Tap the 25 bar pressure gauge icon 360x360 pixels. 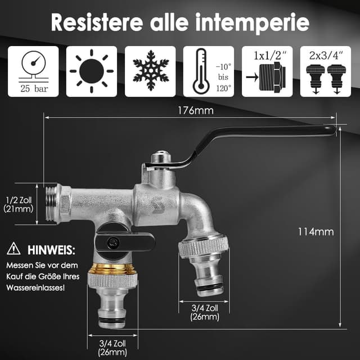tap(33, 71)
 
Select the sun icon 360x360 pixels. tap(92, 71)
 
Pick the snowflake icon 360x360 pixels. tap(150, 71)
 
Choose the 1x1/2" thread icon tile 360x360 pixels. tap(267, 71)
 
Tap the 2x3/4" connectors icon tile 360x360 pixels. tap(326, 71)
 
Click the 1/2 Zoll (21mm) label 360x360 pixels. tap(19, 204)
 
